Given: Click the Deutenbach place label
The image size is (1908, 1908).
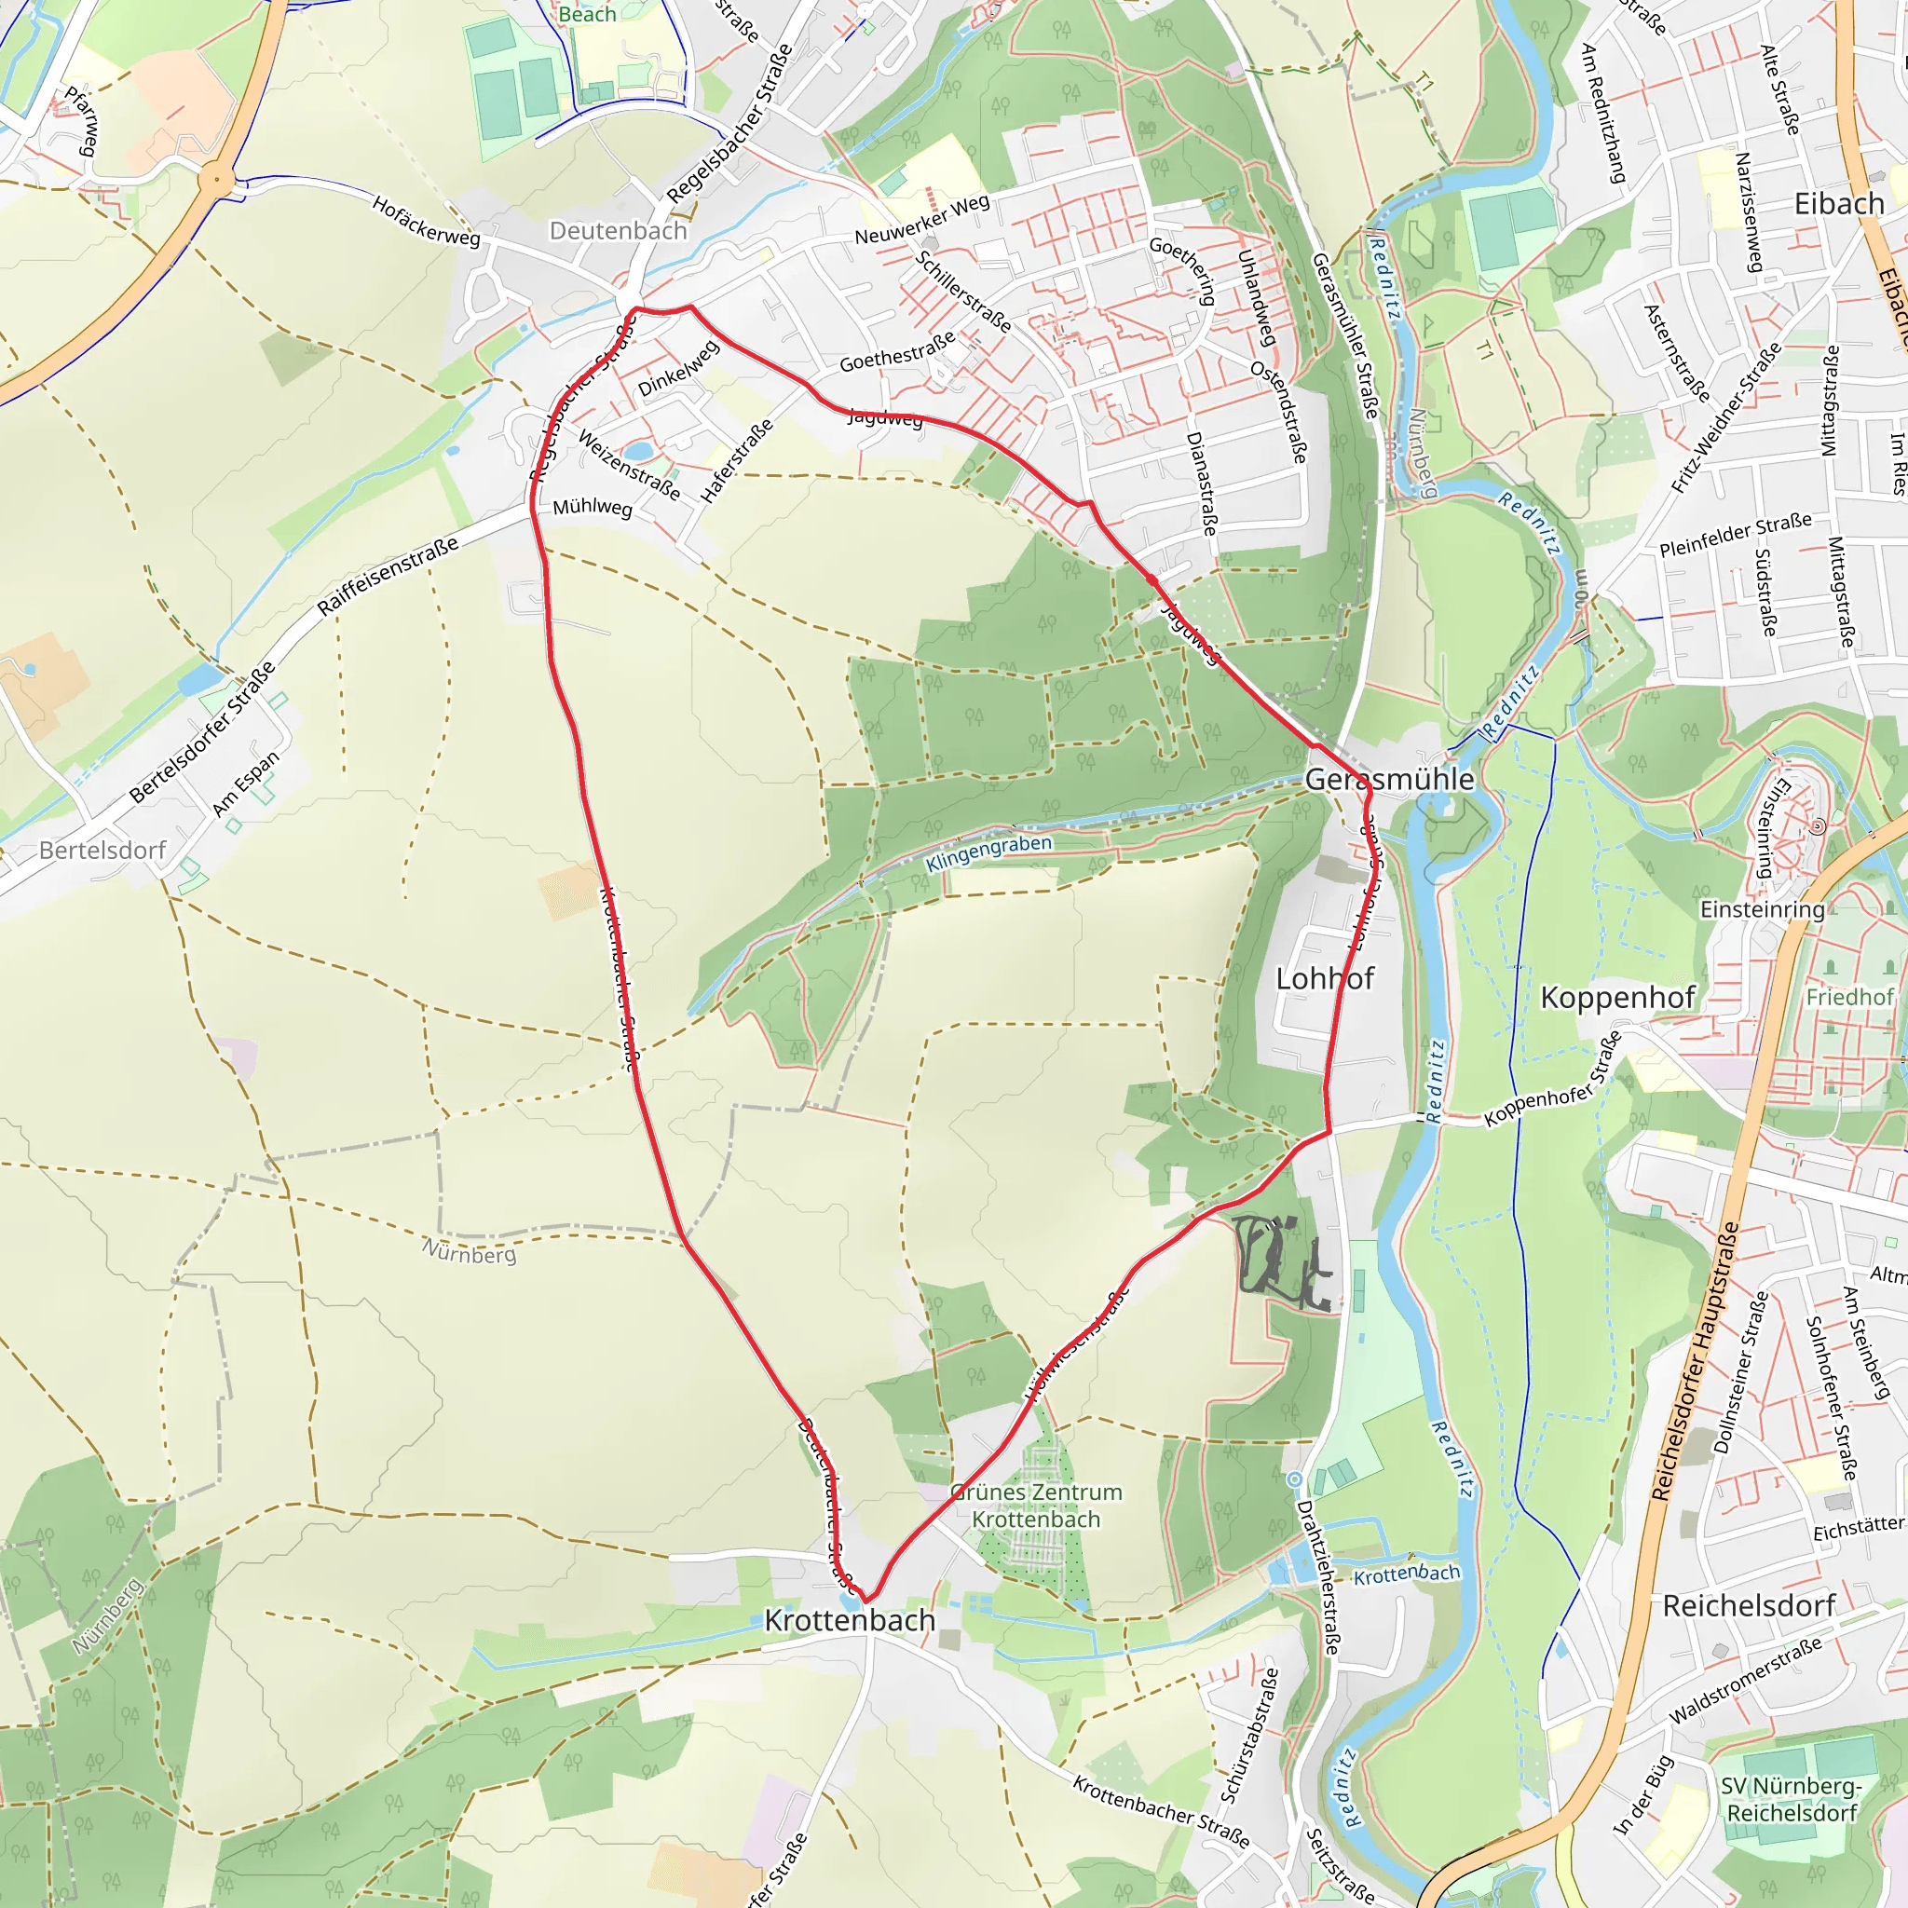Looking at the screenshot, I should coord(619,231).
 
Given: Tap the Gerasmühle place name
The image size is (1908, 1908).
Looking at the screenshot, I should coord(1389,779).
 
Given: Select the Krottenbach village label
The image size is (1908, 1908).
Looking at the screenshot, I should coord(850,1621).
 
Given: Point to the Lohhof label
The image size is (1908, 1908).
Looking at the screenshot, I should coord(1325,979).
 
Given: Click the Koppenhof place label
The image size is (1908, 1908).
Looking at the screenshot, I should coord(1617,998).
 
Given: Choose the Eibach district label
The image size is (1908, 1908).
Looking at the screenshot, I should coord(1839,203).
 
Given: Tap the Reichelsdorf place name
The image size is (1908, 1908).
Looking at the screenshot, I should coord(1749,1606).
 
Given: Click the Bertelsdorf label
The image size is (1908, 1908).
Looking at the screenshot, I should coord(102,851).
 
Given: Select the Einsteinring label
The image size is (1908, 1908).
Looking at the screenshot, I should coord(1762,909).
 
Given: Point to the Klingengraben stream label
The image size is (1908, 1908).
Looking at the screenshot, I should coord(988,853).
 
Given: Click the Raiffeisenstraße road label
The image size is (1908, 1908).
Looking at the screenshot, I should coord(388,576).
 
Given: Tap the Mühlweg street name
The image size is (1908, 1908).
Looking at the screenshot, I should coord(592,508).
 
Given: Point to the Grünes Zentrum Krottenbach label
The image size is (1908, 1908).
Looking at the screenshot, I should coord(1036,1506).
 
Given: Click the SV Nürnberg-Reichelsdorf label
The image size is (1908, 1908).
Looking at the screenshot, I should coord(1792,1799).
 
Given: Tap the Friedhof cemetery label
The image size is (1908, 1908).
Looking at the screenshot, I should coord(1849,998).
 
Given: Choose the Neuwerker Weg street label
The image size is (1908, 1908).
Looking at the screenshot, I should coord(921,219).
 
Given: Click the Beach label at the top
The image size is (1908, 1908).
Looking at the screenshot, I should coord(587,14).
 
